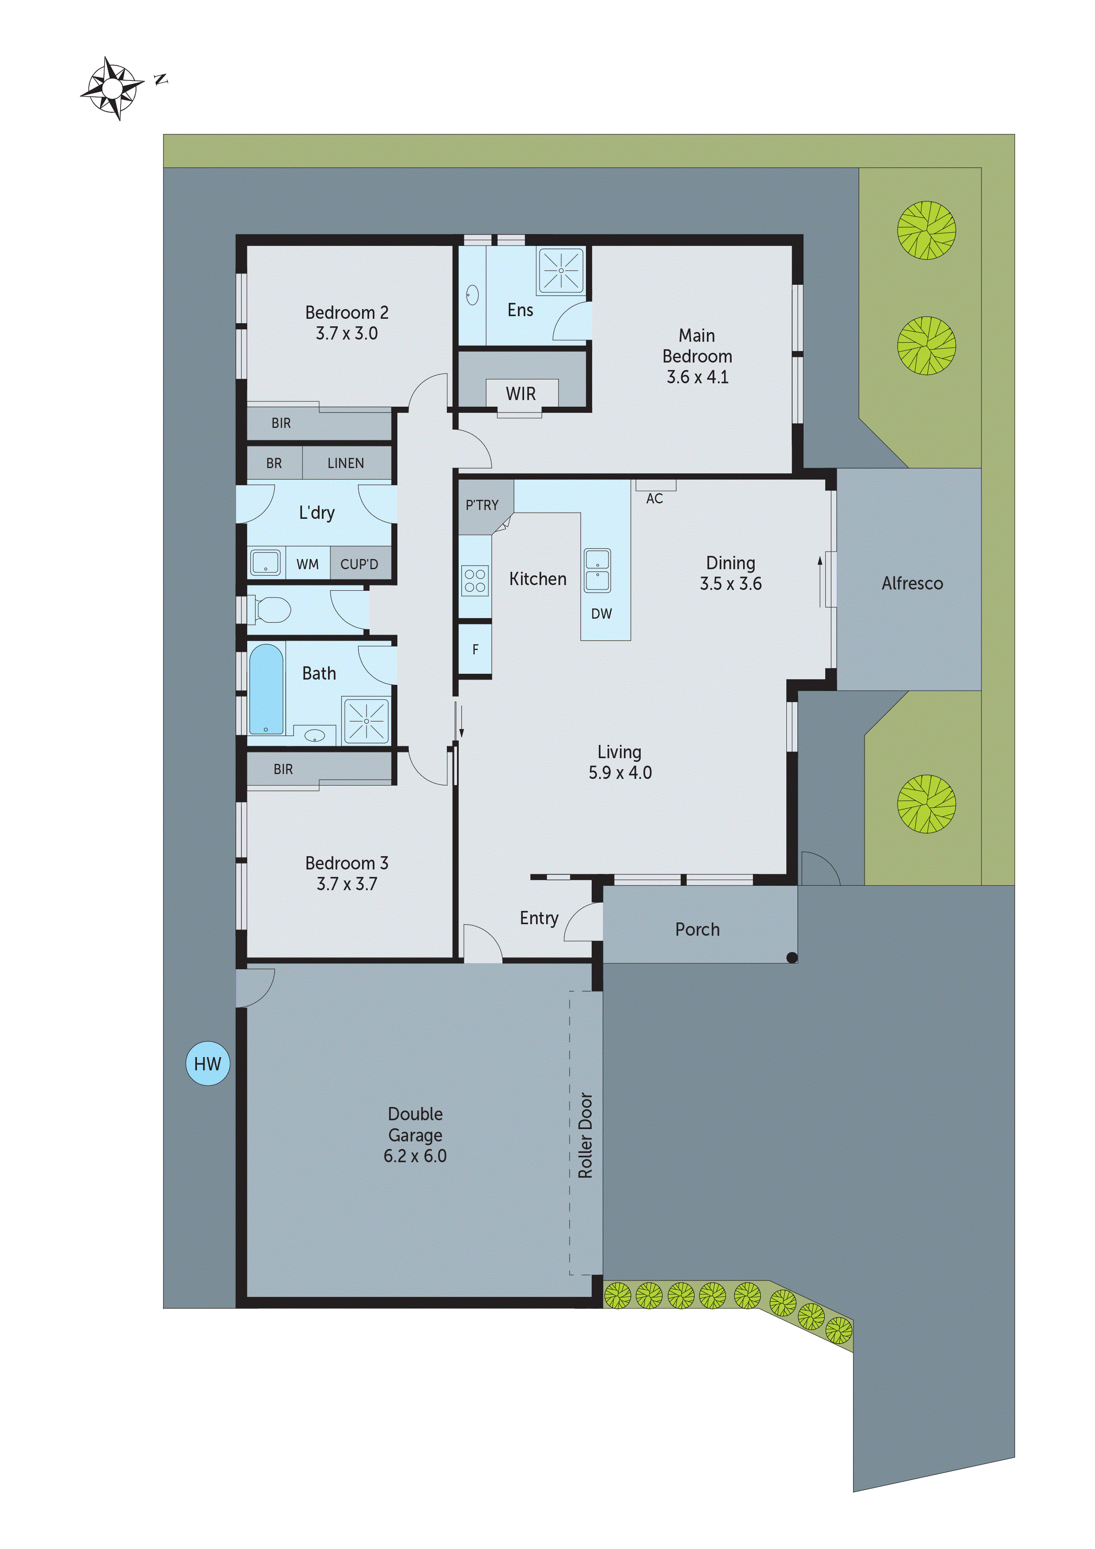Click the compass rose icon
112,88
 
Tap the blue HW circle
208,1064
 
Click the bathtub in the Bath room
267,689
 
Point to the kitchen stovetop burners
475,580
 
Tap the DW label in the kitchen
601,614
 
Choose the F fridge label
475,650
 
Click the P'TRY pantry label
482,505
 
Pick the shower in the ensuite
561,271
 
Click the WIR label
521,394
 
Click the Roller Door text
585,1135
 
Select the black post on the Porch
792,957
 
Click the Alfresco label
912,584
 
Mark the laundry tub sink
266,563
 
